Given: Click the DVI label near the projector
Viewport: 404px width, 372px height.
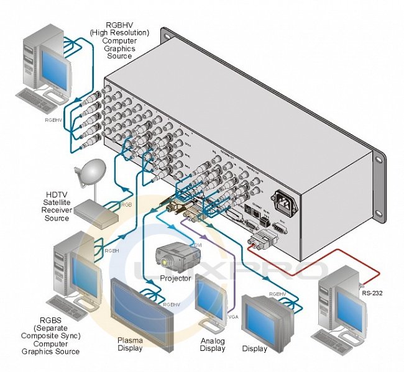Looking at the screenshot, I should (x=198, y=246).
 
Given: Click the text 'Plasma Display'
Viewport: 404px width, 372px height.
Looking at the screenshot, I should (x=130, y=344).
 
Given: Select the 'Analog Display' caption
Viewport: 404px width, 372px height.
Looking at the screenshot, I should (x=212, y=344).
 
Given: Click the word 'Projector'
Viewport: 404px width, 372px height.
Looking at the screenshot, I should (x=175, y=279).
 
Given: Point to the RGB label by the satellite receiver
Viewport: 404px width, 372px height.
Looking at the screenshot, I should (x=127, y=204).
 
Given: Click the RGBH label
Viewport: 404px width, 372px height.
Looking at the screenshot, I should (x=112, y=251).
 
